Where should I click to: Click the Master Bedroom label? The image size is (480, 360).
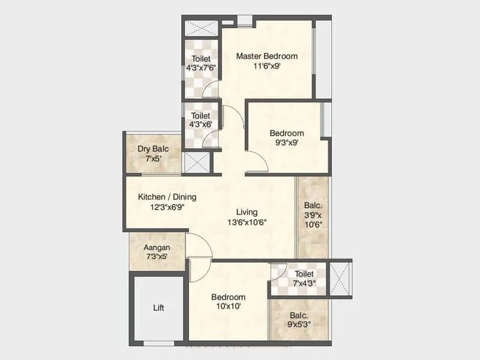(x=266, y=56)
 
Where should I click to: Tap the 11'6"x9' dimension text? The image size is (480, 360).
(x=266, y=66)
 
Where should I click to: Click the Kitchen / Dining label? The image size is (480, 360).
(x=167, y=197)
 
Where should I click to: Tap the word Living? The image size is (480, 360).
(x=247, y=212)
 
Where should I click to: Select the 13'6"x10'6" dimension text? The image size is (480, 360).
(x=247, y=221)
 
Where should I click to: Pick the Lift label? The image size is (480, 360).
(x=158, y=308)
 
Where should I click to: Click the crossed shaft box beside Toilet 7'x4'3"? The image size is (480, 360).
(x=340, y=278)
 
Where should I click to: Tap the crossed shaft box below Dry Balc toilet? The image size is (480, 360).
(x=196, y=163)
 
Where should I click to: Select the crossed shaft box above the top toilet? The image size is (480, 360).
(x=200, y=29)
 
